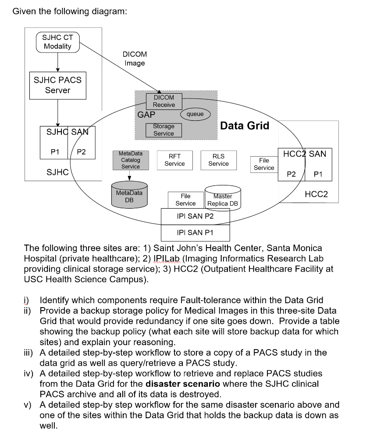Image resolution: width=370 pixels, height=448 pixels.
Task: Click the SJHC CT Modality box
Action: pyautogui.click(x=57, y=42)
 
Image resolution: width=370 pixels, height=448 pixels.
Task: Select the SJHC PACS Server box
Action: pyautogui.click(x=57, y=85)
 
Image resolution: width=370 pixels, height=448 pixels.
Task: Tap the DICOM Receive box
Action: pyautogui.click(x=164, y=101)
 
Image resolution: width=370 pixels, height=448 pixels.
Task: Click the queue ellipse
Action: pyautogui.click(x=195, y=114)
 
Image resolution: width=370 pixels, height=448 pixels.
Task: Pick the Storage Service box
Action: pyautogui.click(x=164, y=130)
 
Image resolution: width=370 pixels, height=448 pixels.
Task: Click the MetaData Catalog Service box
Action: pyautogui.click(x=131, y=160)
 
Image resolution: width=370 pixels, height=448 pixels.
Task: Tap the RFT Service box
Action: pyautogui.click(x=174, y=160)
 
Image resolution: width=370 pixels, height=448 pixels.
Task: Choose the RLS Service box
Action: pyautogui.click(x=218, y=160)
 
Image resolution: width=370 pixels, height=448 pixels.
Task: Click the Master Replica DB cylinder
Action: pyautogui.click(x=223, y=201)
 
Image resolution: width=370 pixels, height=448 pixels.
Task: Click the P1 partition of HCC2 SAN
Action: pyautogui.click(x=319, y=174)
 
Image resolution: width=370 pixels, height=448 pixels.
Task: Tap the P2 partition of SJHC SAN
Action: pyautogui.click(x=82, y=152)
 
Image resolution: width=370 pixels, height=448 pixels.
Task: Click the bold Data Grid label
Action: pyautogui.click(x=245, y=126)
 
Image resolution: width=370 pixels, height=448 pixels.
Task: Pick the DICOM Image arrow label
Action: pyautogui.click(x=135, y=59)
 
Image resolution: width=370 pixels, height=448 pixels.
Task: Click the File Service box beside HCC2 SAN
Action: pyautogui.click(x=264, y=164)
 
